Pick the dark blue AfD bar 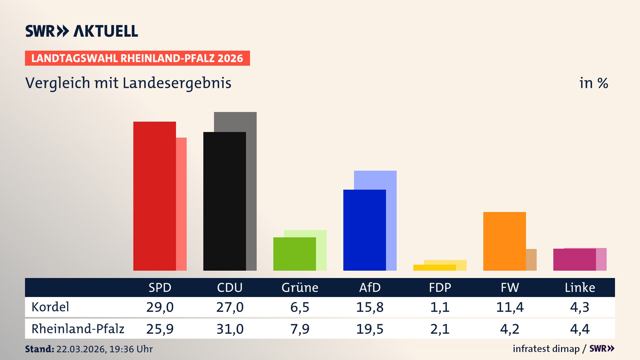pos(364,230)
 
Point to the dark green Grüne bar pos(294,254)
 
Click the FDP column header pos(440,288)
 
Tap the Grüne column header pos(300,288)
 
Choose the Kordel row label pos(50,307)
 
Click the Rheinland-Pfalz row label pos(78,329)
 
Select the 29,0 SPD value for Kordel pos(160,307)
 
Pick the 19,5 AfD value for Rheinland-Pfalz pos(370,329)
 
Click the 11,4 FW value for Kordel pos(510,307)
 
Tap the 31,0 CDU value pos(230,329)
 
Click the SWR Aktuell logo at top pos(82,31)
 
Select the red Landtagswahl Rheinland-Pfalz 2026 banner pos(137,58)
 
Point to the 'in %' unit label pos(593,83)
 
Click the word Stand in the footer pos(39,349)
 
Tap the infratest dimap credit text pos(546,349)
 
